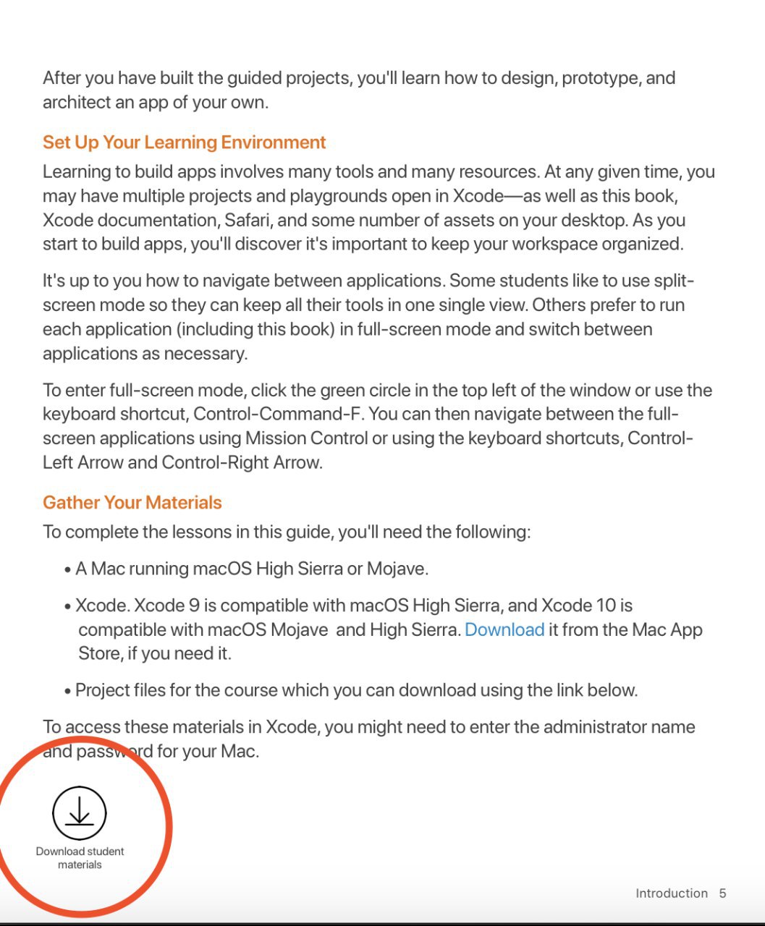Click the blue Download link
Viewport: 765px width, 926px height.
point(504,629)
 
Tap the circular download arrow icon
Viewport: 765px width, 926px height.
point(80,813)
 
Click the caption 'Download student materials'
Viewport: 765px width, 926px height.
point(80,857)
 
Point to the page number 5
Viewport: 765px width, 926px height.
point(722,893)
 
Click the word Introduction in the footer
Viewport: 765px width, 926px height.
point(671,893)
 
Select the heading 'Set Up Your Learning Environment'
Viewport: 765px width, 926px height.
point(185,142)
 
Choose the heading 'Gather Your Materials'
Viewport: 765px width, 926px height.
point(132,502)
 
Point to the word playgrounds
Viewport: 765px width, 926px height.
point(338,196)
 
